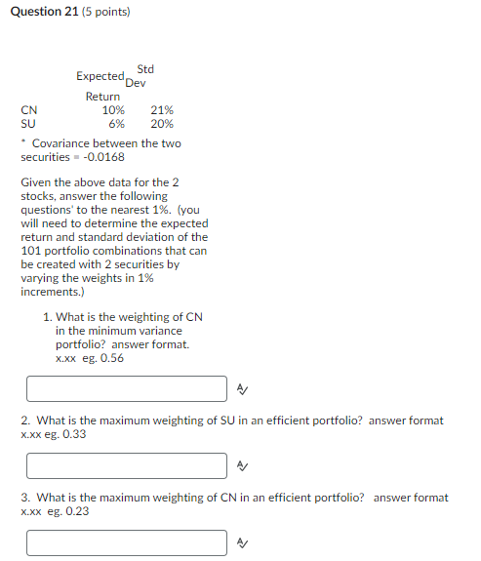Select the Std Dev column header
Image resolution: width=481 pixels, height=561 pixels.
point(140,75)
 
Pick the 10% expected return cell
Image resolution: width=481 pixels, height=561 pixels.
point(113,110)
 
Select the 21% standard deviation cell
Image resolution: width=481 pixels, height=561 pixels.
point(162,110)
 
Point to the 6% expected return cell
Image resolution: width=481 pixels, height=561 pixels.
point(116,124)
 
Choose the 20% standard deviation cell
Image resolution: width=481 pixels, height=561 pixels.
point(162,124)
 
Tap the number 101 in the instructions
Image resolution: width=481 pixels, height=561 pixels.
point(32,251)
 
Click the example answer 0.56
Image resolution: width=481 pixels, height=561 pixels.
point(112,358)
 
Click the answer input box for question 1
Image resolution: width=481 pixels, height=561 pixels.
point(127,389)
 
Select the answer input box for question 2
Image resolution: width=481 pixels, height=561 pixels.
point(127,465)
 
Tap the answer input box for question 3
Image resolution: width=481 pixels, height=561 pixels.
point(127,541)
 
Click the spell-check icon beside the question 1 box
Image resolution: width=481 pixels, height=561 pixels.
point(241,389)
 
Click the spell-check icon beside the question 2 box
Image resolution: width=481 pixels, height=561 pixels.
point(241,465)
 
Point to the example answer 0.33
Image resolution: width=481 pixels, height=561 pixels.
point(73,434)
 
